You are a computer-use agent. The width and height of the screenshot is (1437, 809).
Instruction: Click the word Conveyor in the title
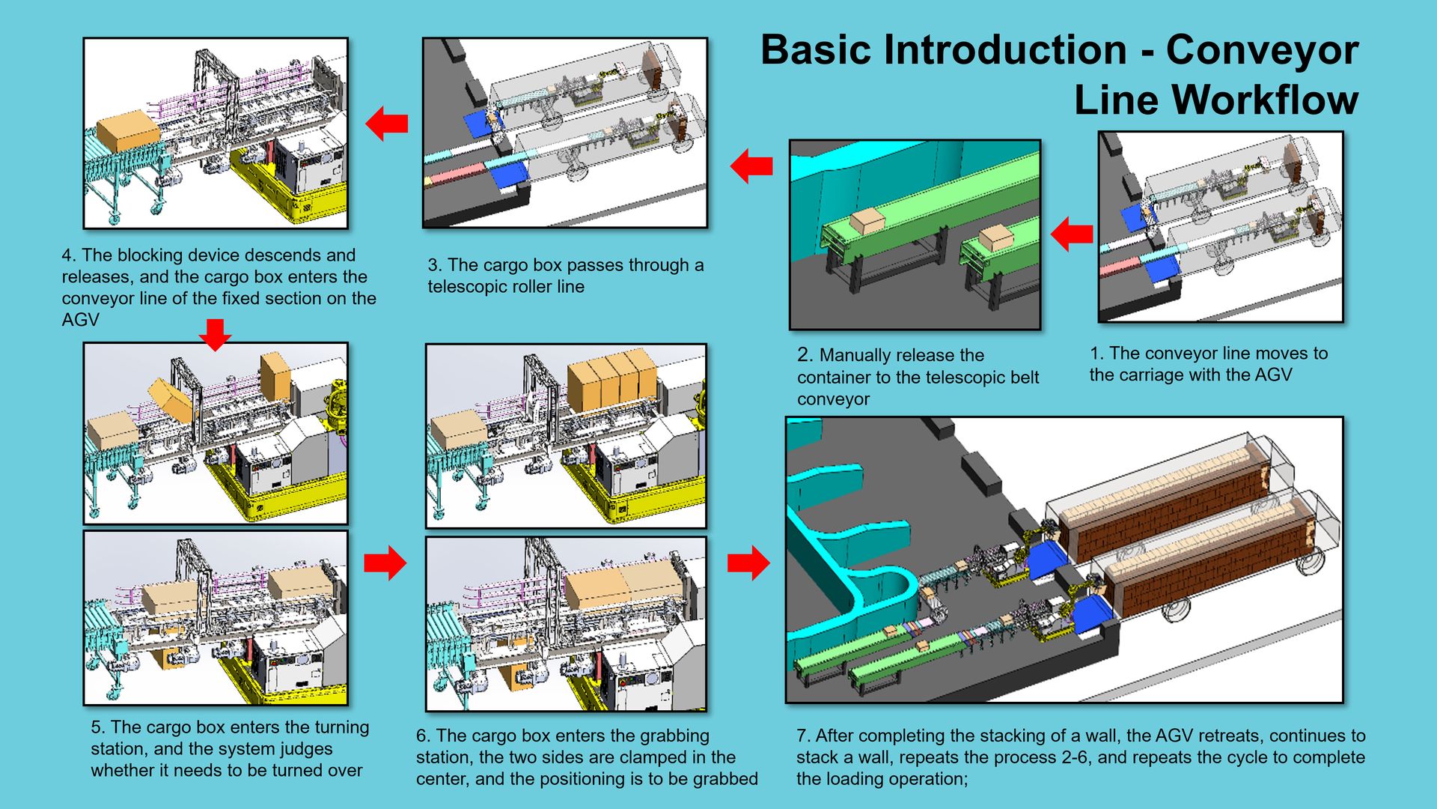[x=1262, y=51]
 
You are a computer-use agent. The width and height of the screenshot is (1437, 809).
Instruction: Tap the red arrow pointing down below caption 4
[x=216, y=334]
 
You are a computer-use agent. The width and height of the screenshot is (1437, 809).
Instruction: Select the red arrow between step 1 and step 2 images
[x=1072, y=234]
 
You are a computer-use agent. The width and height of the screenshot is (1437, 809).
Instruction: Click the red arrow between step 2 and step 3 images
[x=751, y=166]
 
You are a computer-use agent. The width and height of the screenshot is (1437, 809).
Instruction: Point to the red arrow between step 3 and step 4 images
[x=387, y=123]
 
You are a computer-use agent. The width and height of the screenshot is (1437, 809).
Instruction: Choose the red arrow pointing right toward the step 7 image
[x=748, y=562]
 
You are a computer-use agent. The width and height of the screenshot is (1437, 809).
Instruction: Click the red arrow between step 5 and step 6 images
[x=385, y=563]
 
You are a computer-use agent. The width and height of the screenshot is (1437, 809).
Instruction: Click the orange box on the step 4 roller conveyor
[x=128, y=130]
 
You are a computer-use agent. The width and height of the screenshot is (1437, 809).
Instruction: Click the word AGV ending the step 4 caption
[x=80, y=320]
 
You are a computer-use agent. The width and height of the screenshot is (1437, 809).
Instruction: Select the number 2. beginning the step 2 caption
[x=805, y=355]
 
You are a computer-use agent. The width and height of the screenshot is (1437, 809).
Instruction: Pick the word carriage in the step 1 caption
[x=1150, y=375]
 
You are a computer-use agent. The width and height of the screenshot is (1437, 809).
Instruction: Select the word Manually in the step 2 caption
[x=854, y=355]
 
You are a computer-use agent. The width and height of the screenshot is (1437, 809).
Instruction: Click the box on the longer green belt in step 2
[x=867, y=220]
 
